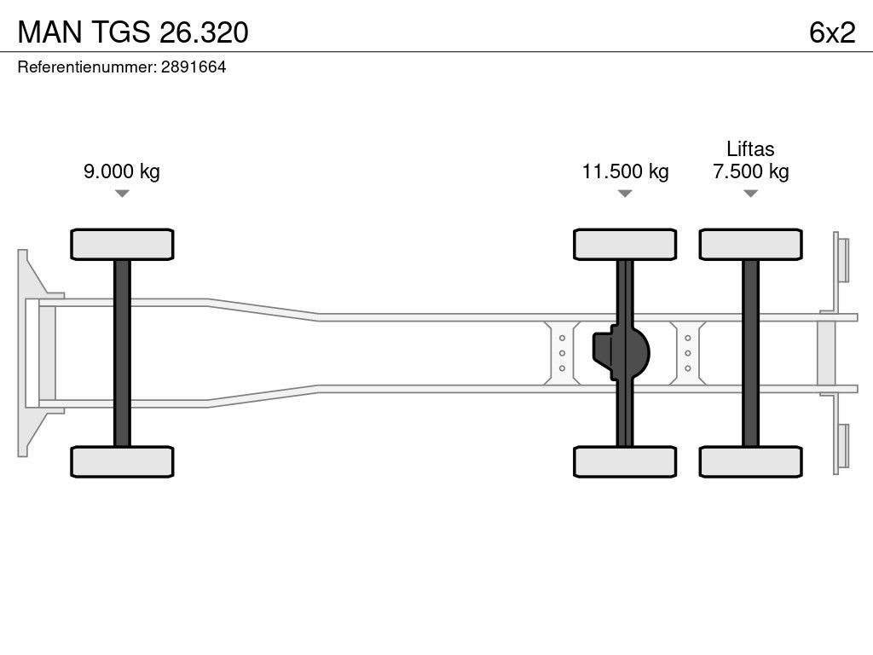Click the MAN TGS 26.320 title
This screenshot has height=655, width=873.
coord(133,32)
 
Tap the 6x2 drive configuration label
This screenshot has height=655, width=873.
coord(832,32)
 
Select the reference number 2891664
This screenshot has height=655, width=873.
coord(194,67)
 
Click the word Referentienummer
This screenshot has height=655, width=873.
coord(87,67)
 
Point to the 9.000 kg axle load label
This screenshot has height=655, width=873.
coord(122,171)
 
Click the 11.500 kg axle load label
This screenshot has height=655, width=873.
coord(625,171)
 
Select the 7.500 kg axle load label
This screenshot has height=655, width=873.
coord(751,171)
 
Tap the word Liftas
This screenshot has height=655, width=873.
coord(750,148)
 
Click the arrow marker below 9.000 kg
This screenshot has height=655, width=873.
coord(122,194)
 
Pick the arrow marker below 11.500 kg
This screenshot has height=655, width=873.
coord(625,194)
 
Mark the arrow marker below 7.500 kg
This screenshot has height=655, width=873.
coord(751,194)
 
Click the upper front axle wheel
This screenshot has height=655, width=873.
coord(122,244)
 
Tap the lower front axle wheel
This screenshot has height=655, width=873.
coord(122,461)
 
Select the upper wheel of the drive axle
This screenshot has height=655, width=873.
coord(625,244)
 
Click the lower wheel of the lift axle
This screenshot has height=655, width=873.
coord(751,461)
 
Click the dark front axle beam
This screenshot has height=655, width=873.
coord(122,353)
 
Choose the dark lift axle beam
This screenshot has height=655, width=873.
coord(751,353)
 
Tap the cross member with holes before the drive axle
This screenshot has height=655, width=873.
coord(563,353)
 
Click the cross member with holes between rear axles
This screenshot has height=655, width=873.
coord(688,353)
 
